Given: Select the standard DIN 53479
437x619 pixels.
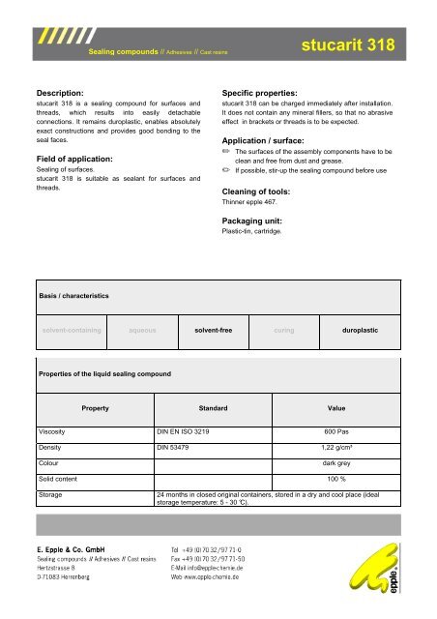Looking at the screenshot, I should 180,449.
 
